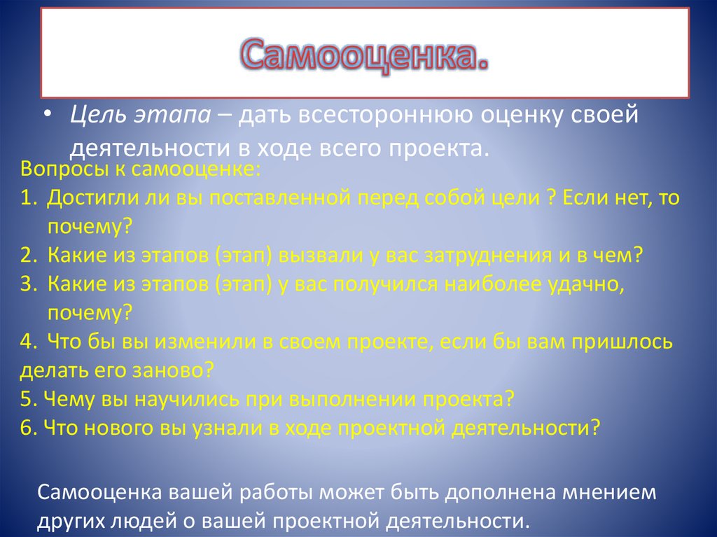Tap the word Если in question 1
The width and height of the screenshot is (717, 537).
(x=581, y=199)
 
